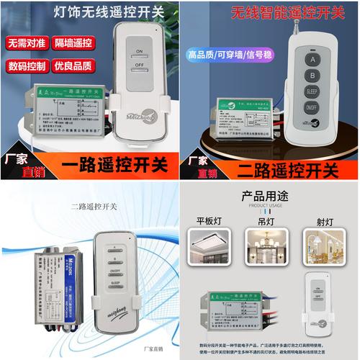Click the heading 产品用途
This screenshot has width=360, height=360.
coord(270,196)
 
